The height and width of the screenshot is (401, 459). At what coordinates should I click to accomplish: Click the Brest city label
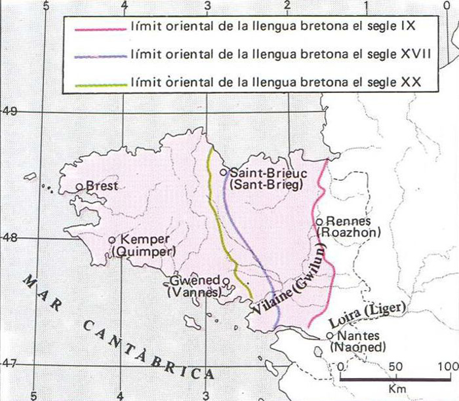[102, 186]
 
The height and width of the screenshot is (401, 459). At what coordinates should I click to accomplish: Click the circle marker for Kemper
[111, 240]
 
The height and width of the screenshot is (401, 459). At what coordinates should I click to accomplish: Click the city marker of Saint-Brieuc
[224, 172]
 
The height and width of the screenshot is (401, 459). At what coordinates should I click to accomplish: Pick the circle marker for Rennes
[319, 221]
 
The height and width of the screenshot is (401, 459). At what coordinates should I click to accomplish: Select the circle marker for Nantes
[330, 336]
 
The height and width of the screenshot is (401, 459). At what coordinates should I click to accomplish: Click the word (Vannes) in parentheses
[193, 293]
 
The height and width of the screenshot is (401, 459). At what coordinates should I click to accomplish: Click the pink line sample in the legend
[100, 28]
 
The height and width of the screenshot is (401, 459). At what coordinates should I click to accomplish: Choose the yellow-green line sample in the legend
[100, 84]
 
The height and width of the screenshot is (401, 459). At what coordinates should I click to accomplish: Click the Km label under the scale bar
[393, 389]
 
